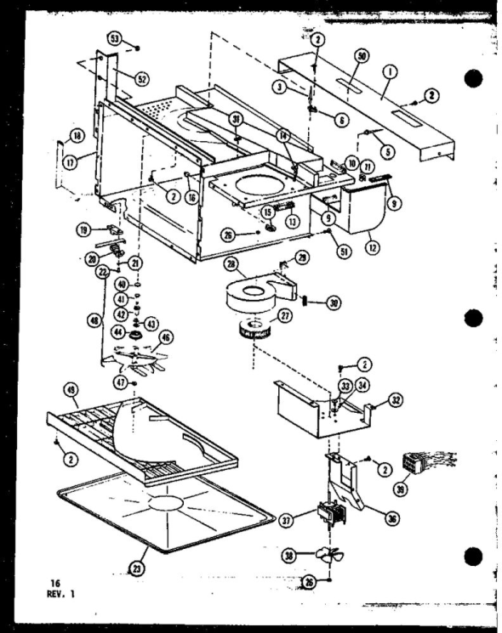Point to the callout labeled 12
click(371, 247)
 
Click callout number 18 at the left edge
click(54, 136)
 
